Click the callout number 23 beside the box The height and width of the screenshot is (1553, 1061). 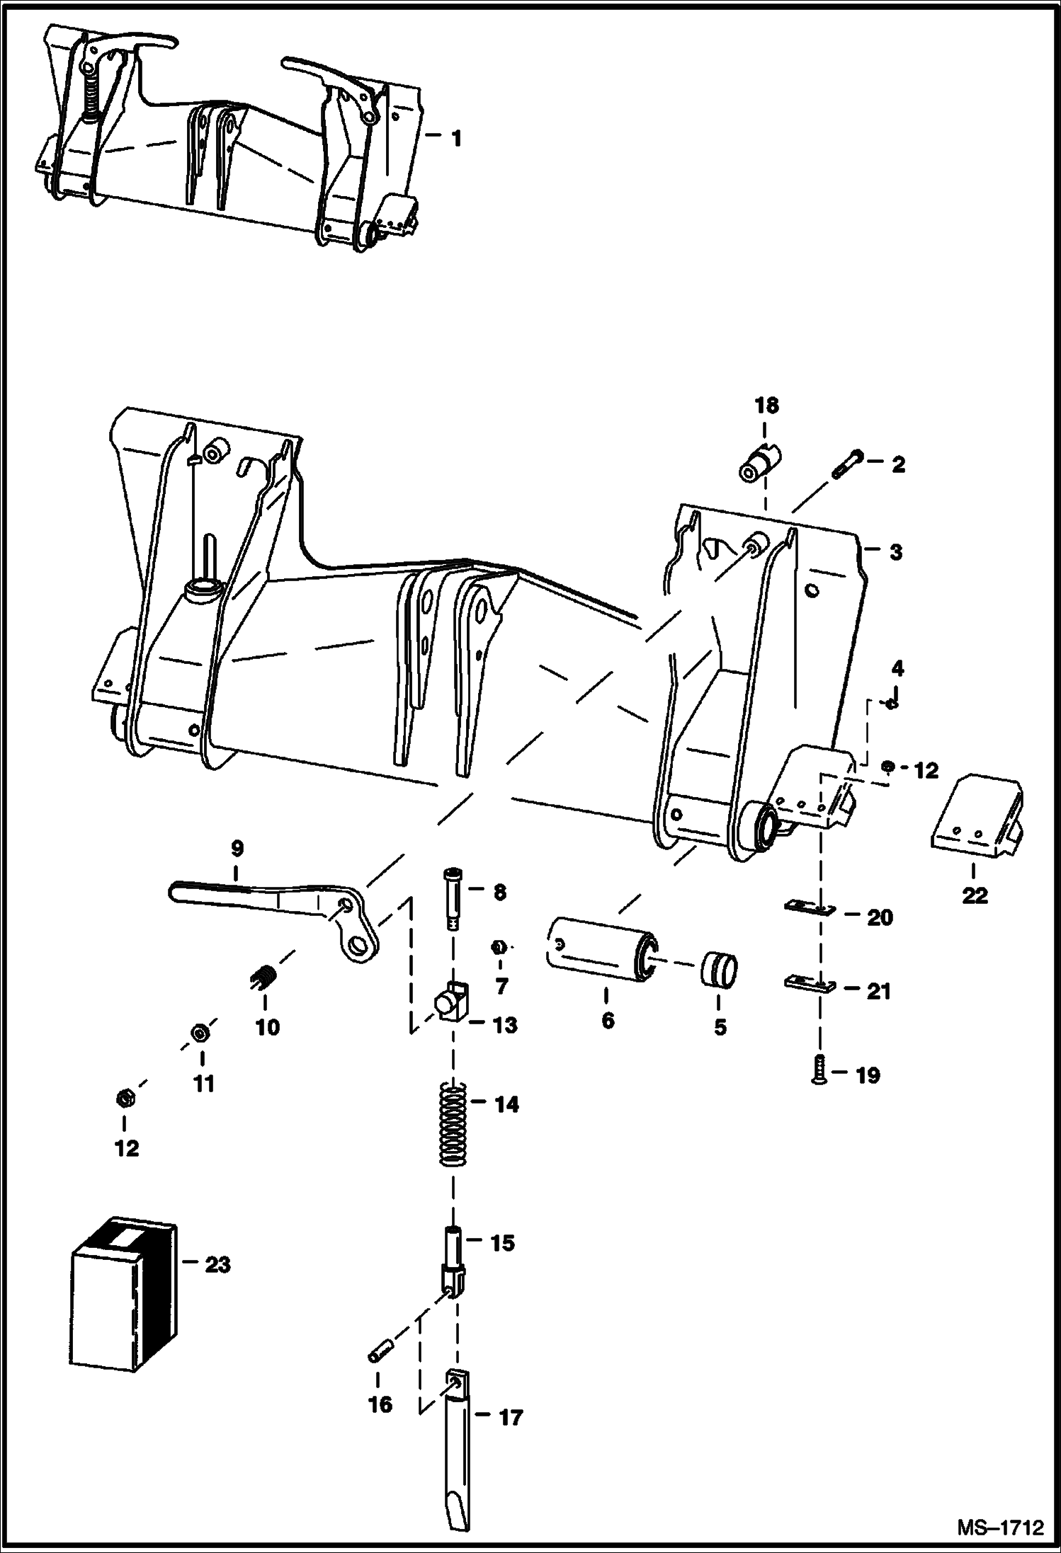tap(217, 1264)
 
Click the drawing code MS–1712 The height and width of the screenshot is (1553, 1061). tap(1001, 1526)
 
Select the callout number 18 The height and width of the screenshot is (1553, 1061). tap(766, 406)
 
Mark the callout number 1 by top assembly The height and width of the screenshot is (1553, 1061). tap(456, 139)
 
